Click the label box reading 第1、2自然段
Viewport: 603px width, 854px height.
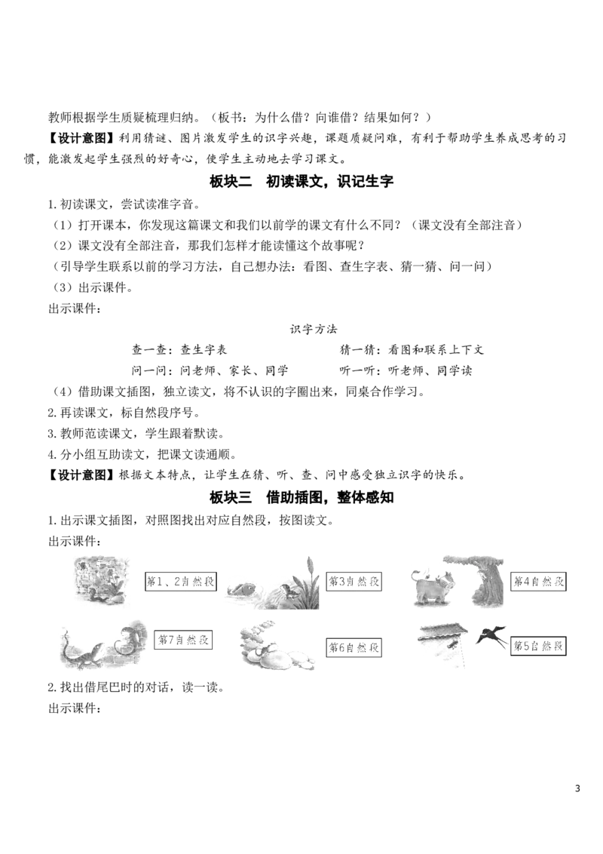[180, 581]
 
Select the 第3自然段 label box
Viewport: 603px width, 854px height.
[354, 581]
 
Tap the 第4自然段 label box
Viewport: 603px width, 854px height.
[539, 581]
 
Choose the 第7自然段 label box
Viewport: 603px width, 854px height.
[183, 640]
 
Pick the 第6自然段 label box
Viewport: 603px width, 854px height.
[354, 647]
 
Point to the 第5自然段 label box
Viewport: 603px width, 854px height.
[538, 646]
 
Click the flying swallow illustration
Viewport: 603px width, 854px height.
[491, 636]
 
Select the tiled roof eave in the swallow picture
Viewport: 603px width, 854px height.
[443, 632]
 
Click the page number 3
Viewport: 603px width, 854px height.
[577, 788]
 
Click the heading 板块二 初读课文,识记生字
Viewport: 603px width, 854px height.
[301, 181]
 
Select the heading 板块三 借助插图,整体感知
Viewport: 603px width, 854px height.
[301, 497]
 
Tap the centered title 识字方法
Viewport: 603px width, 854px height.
[314, 329]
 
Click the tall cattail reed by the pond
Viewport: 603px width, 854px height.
[311, 582]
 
